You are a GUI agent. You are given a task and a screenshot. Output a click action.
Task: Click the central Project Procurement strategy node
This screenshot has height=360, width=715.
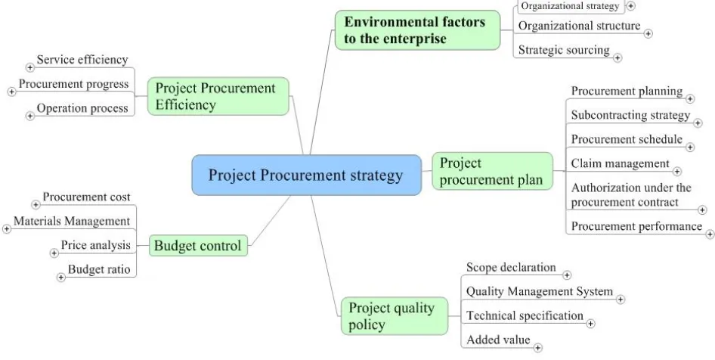tap(306, 175)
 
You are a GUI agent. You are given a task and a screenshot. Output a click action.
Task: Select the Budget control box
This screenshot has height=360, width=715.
tap(198, 246)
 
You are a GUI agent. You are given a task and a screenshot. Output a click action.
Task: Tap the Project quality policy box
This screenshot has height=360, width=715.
tap(395, 315)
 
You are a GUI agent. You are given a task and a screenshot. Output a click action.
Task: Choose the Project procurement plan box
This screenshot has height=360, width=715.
tap(493, 171)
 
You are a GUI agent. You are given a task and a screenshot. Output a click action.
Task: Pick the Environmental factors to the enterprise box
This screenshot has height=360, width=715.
tap(418, 30)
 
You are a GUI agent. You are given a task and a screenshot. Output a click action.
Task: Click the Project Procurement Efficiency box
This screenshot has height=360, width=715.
tap(218, 96)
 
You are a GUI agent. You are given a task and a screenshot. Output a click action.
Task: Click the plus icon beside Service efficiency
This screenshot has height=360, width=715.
tap(30, 67)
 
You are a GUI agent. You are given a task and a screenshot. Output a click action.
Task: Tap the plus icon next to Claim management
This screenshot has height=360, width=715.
tap(676, 172)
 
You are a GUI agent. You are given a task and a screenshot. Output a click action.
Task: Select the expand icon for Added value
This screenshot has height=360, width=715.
tap(538, 348)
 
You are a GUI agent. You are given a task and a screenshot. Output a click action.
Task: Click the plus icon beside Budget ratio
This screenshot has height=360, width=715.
tap(61, 277)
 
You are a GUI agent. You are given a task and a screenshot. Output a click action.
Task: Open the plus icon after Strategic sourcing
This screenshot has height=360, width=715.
tap(617, 57)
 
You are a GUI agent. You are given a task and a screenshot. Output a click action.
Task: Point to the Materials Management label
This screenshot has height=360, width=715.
tap(72, 221)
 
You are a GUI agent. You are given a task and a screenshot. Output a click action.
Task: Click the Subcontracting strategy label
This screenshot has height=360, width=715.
tap(630, 115)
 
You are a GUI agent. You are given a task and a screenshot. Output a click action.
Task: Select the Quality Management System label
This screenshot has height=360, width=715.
tap(540, 291)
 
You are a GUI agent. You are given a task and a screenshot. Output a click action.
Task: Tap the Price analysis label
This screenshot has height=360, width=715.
tap(96, 245)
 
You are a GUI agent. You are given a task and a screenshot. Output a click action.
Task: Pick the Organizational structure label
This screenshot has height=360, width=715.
tap(579, 26)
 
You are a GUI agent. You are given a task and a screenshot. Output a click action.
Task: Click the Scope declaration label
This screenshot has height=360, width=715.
tap(511, 267)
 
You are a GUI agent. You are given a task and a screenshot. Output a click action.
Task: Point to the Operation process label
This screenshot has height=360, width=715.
tap(82, 108)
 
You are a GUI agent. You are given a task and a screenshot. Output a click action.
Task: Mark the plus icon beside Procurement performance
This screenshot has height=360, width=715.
tap(710, 234)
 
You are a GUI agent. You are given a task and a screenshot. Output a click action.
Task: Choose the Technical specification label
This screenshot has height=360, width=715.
tap(525, 315)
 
